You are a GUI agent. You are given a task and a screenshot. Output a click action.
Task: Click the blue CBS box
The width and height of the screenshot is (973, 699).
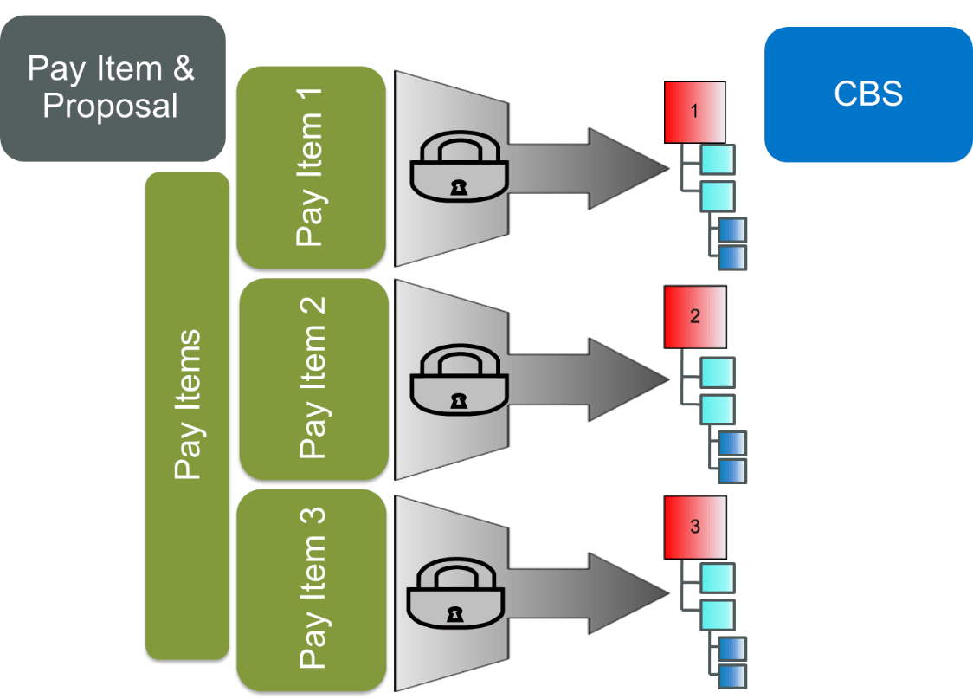(867, 94)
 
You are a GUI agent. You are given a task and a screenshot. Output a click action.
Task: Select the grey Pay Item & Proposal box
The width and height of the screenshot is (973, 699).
(113, 87)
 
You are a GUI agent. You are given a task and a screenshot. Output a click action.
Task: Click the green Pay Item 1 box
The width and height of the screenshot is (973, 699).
(311, 167)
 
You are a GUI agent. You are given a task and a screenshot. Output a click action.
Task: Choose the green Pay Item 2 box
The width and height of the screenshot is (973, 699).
(313, 378)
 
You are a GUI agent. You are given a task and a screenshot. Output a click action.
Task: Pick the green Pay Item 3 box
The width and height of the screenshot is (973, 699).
(313, 588)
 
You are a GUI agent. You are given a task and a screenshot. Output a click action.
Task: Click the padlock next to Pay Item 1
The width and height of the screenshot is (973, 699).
(456, 169)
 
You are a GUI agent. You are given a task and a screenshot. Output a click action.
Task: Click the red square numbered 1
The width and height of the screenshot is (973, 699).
(695, 113)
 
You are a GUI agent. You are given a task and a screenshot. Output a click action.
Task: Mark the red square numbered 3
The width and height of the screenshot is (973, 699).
(695, 527)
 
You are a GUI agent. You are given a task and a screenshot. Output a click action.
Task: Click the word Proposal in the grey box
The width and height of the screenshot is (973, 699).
(110, 107)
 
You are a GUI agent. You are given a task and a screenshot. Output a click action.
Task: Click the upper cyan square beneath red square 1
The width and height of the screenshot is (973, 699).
(717, 160)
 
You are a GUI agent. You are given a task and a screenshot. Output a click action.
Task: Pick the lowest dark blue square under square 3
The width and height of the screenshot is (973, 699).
(731, 675)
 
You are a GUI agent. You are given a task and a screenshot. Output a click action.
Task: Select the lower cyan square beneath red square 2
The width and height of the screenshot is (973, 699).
(717, 408)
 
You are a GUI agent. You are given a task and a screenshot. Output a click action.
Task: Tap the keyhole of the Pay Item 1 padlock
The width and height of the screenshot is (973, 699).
(456, 186)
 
